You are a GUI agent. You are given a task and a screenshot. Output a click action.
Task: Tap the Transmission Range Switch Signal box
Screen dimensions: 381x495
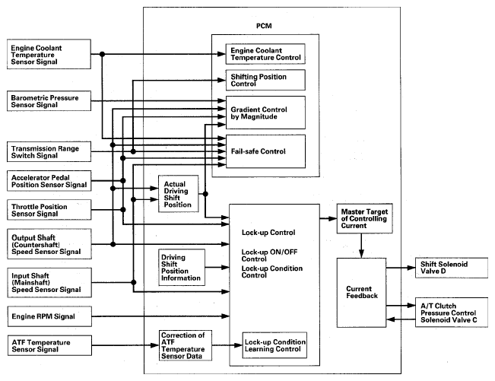[x=45, y=151]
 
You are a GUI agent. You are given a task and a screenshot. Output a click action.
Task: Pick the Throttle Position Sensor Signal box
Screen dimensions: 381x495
[x=45, y=211]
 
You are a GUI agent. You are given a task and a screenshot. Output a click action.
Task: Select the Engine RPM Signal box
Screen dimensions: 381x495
[x=45, y=313]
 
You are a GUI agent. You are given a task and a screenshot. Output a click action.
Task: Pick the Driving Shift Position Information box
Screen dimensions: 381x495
[x=180, y=267]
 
